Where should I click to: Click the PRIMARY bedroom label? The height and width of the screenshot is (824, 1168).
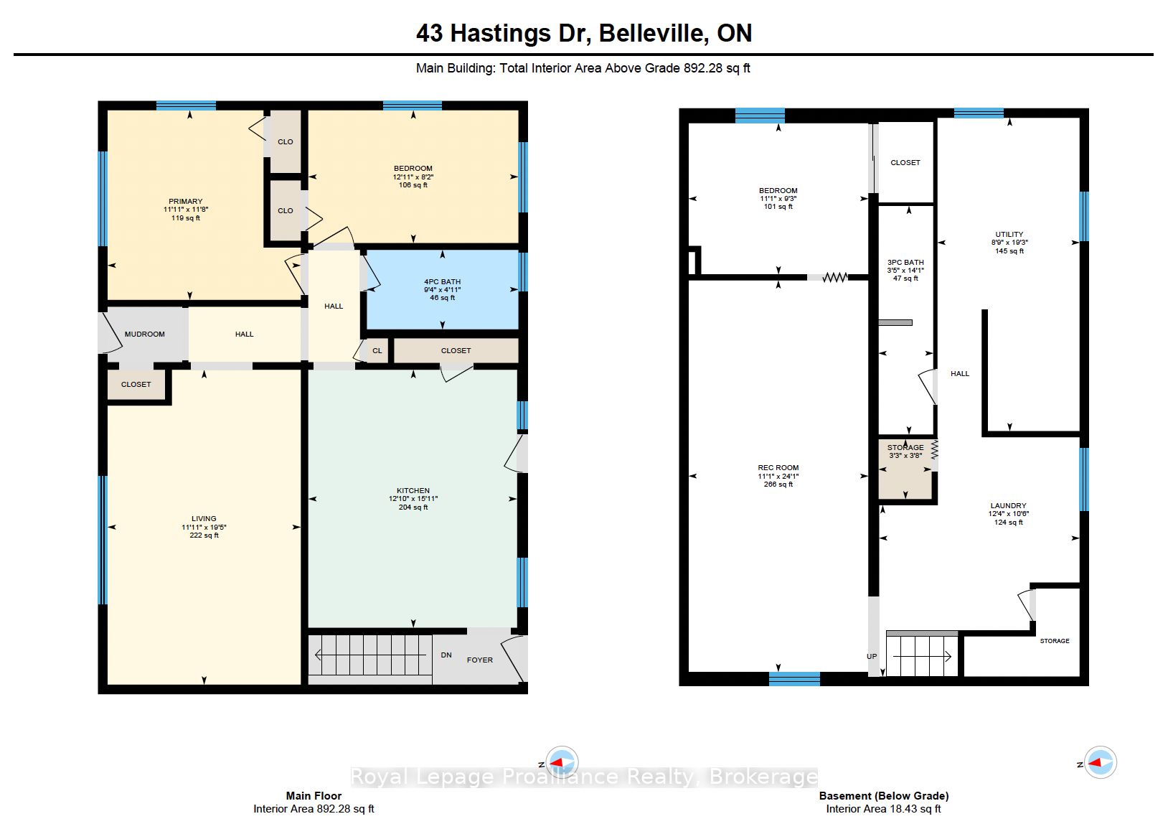[185, 201]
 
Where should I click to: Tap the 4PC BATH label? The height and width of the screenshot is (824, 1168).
[442, 281]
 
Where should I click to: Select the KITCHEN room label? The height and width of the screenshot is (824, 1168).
[413, 491]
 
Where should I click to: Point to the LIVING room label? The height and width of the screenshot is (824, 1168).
[203, 519]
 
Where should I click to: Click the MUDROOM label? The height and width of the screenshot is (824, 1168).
[144, 334]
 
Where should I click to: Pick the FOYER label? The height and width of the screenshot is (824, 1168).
[480, 660]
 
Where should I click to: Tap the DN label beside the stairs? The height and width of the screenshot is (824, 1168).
[446, 655]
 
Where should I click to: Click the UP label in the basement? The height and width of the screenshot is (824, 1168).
[872, 657]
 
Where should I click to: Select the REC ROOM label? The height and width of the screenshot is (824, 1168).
[778, 468]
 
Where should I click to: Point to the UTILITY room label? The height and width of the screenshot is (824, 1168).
[1009, 235]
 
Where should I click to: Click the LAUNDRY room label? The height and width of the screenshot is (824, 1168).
[1009, 506]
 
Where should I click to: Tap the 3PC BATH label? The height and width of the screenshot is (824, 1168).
[905, 263]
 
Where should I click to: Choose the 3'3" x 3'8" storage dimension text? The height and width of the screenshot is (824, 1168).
[905, 456]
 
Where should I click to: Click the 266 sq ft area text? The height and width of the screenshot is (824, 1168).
[778, 484]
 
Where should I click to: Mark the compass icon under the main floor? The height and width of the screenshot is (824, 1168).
[562, 762]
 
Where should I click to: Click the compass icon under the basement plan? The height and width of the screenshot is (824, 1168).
[1101, 762]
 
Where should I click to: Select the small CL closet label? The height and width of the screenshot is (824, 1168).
[377, 351]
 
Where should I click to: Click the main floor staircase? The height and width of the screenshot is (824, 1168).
[370, 657]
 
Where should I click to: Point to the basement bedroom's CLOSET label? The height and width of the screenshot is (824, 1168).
[905, 163]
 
